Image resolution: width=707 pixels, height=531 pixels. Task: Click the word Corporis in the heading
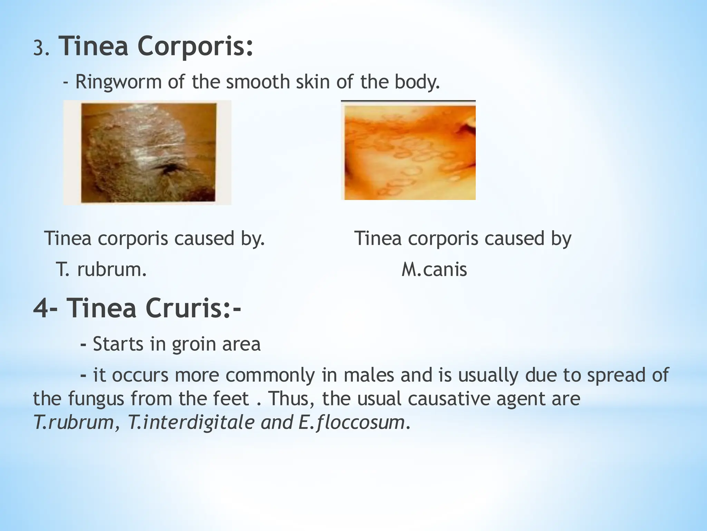(195, 47)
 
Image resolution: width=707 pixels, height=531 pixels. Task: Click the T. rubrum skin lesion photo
(148, 152)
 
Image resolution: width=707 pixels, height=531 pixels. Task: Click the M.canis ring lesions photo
(409, 152)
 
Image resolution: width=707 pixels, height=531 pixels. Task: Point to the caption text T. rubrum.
(101, 270)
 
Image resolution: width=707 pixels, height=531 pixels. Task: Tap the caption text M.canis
(434, 270)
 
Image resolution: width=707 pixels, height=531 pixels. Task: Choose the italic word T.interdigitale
(191, 422)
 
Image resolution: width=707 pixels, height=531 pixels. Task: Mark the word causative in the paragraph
(449, 399)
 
